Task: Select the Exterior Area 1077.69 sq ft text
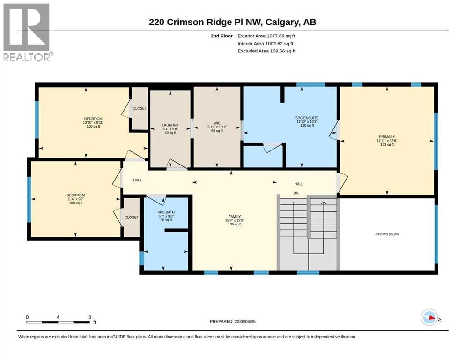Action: (266, 36)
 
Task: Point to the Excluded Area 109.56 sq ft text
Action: (266, 51)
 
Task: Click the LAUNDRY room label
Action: (170, 125)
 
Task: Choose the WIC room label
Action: (217, 123)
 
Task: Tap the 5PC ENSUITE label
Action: (307, 118)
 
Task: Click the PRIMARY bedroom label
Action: (387, 137)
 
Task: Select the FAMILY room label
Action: (235, 217)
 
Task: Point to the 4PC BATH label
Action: (166, 212)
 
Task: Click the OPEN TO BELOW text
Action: (387, 234)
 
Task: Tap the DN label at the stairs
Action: (296, 193)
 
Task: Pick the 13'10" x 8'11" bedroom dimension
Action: (93, 122)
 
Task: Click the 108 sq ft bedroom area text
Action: (75, 202)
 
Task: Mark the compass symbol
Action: (429, 317)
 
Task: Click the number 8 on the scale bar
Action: (89, 317)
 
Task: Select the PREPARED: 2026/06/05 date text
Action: (232, 321)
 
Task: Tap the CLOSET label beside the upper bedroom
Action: (140, 108)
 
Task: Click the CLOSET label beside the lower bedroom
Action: (132, 217)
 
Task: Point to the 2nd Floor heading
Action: (221, 36)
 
